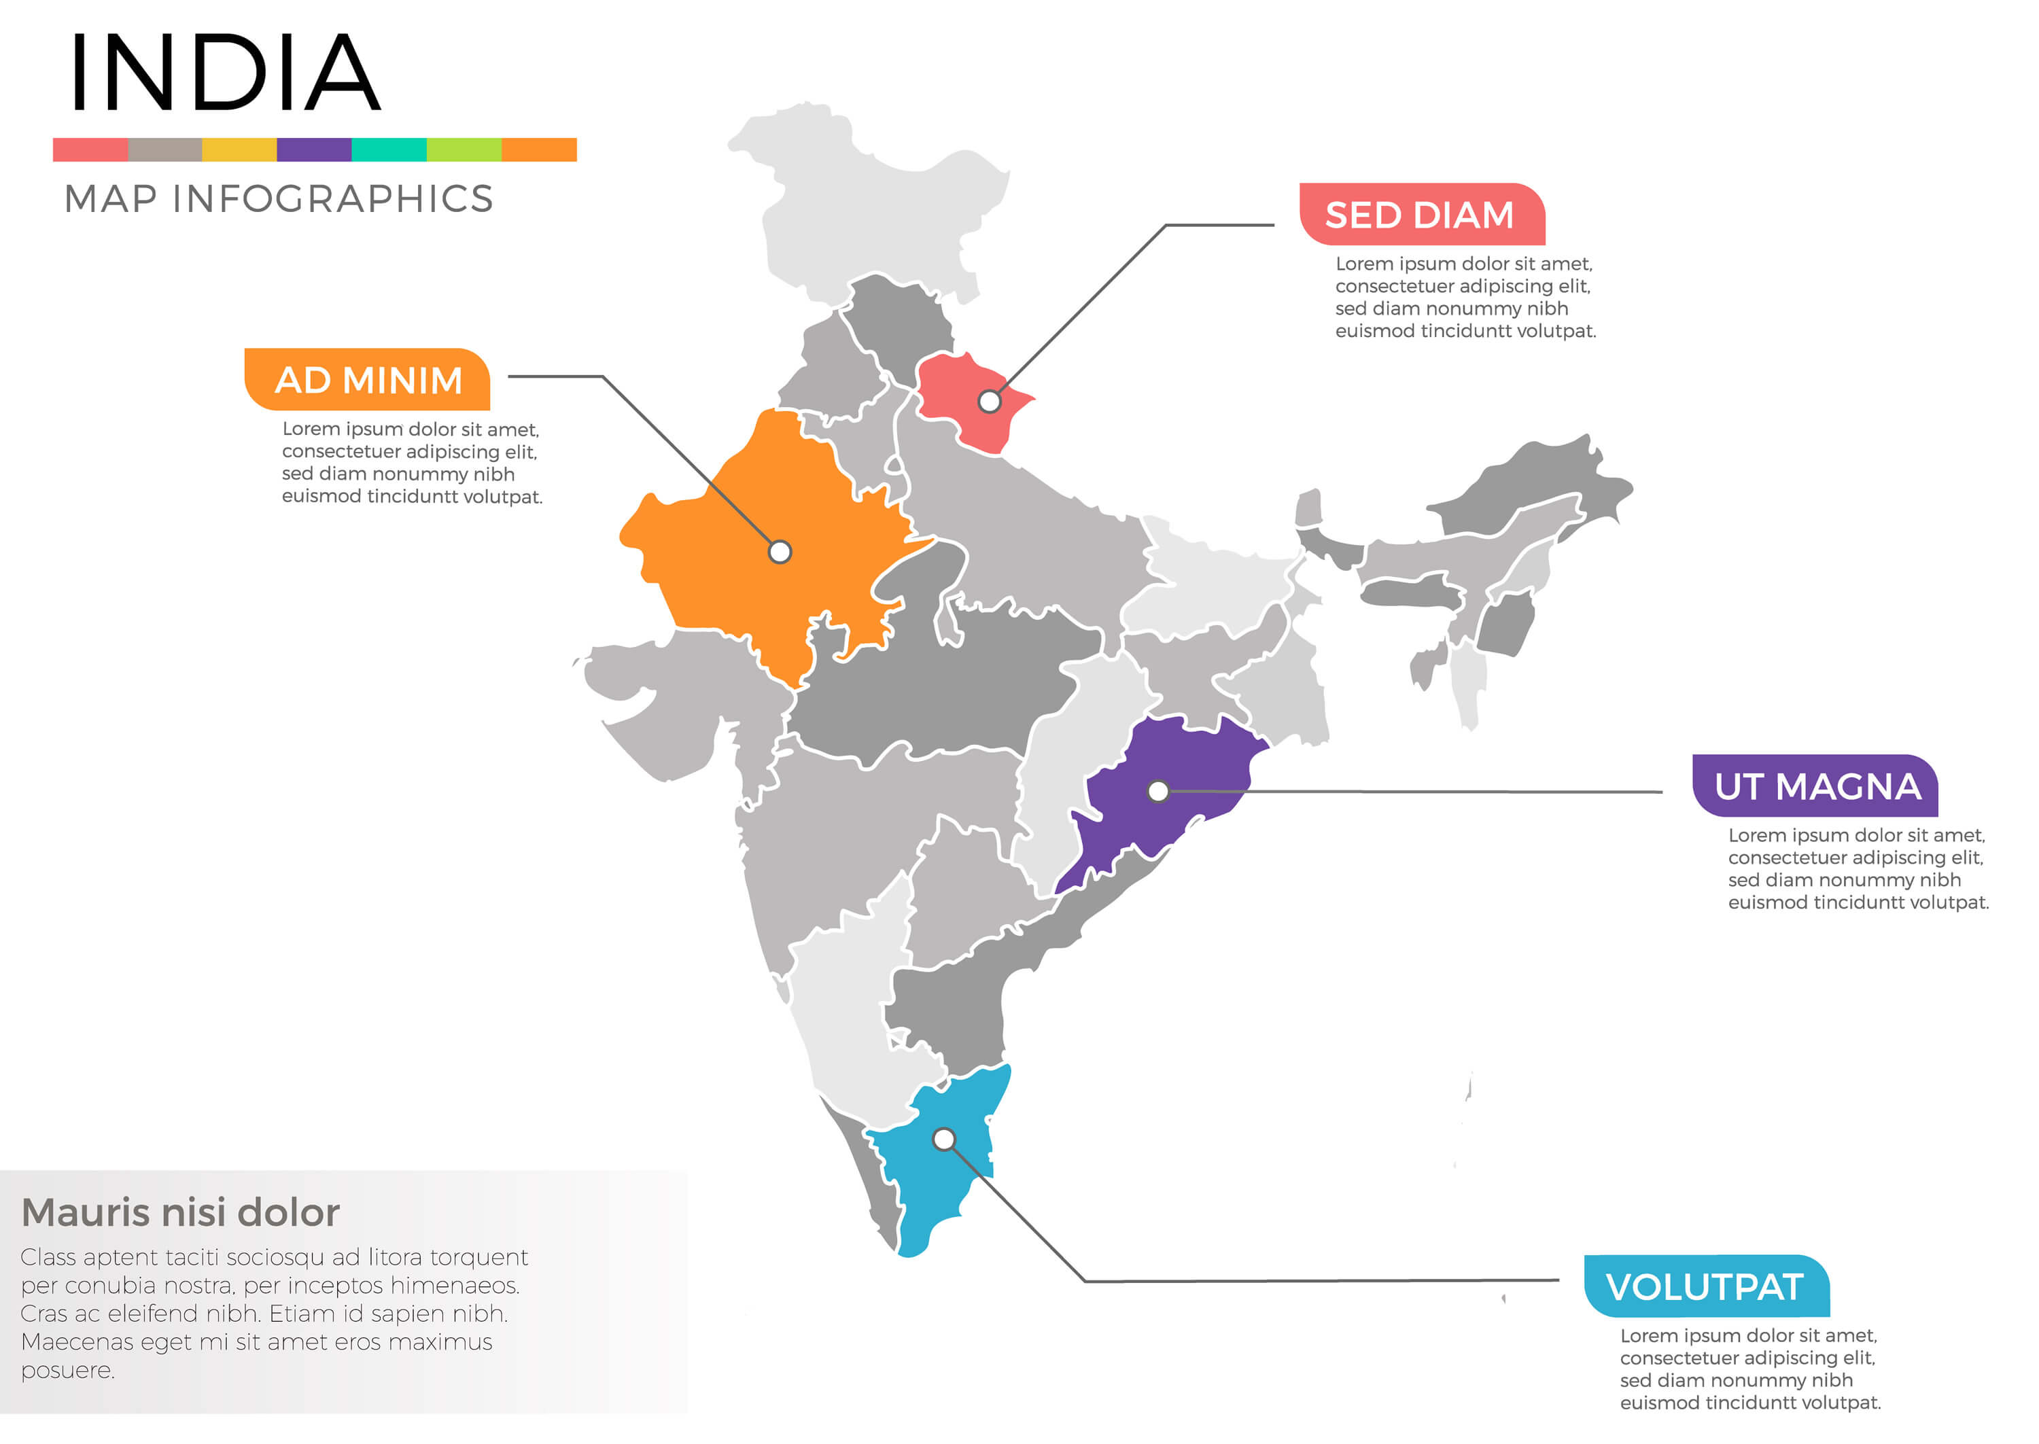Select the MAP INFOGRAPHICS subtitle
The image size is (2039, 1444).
(x=279, y=199)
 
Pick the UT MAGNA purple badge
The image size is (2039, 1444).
(x=1817, y=787)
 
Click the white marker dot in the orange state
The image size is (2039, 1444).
(x=780, y=552)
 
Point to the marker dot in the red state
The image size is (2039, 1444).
(x=990, y=402)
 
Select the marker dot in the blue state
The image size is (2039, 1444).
(x=944, y=1139)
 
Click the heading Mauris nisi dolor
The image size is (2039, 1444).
(x=181, y=1213)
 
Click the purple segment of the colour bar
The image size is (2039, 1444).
(x=314, y=149)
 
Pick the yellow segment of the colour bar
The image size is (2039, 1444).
(x=239, y=149)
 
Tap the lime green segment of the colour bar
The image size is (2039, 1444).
(x=464, y=149)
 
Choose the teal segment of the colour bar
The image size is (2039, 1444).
(x=389, y=149)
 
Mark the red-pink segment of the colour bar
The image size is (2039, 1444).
(x=90, y=149)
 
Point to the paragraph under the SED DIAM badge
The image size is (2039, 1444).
(x=1465, y=297)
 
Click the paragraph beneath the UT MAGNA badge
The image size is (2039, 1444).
(x=1858, y=868)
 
